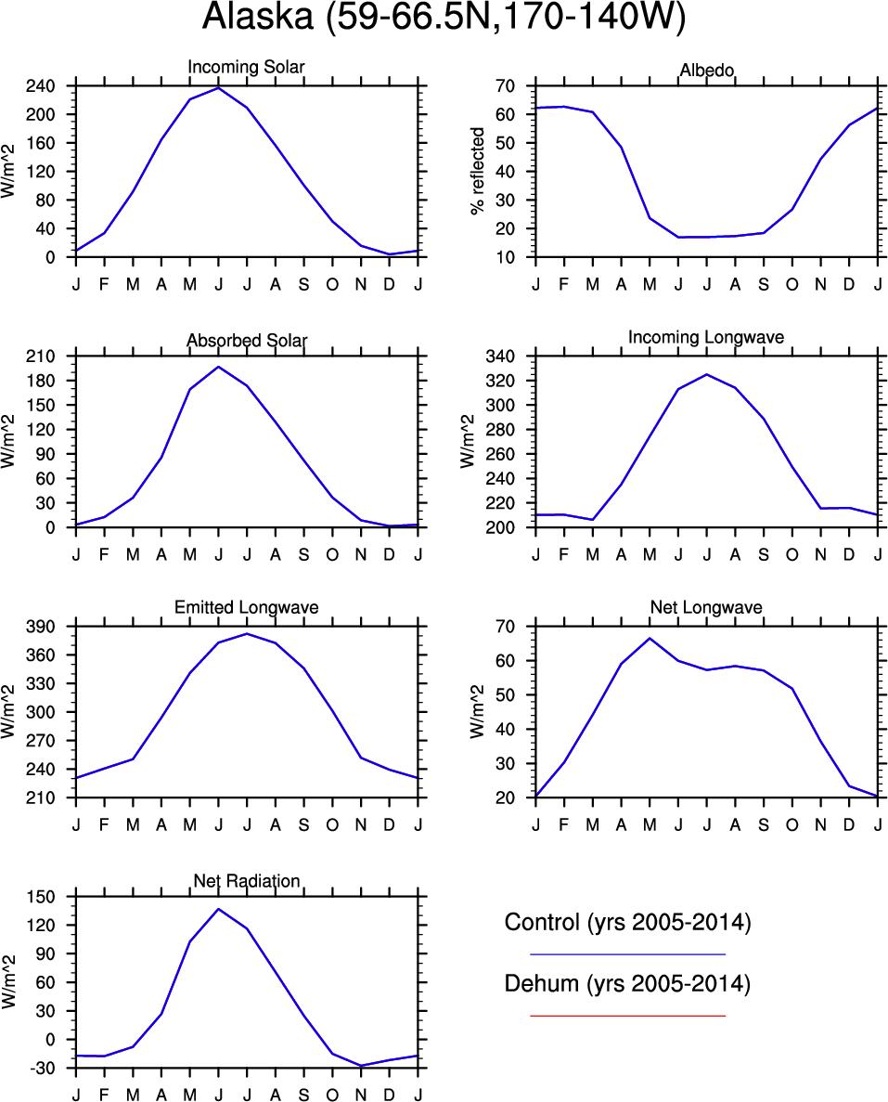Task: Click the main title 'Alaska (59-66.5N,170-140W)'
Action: [x=444, y=19]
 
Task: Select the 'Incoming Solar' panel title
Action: [x=246, y=67]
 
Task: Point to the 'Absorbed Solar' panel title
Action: [x=246, y=341]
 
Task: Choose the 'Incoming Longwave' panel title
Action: [x=706, y=337]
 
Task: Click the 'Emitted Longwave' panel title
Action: [x=246, y=607]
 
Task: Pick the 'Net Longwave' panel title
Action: [x=706, y=607]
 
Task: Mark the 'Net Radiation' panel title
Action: [x=246, y=880]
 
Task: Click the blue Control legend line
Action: [x=627, y=953]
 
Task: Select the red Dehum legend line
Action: [x=627, y=1016]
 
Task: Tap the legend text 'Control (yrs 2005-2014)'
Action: [x=627, y=923]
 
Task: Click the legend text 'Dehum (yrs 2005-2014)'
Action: [x=627, y=983]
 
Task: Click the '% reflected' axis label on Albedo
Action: [x=479, y=171]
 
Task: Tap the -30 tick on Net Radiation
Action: [x=45, y=1069]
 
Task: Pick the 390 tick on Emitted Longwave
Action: [x=45, y=627]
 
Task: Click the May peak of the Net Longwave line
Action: [x=650, y=638]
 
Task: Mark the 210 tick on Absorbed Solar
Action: [x=45, y=357]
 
